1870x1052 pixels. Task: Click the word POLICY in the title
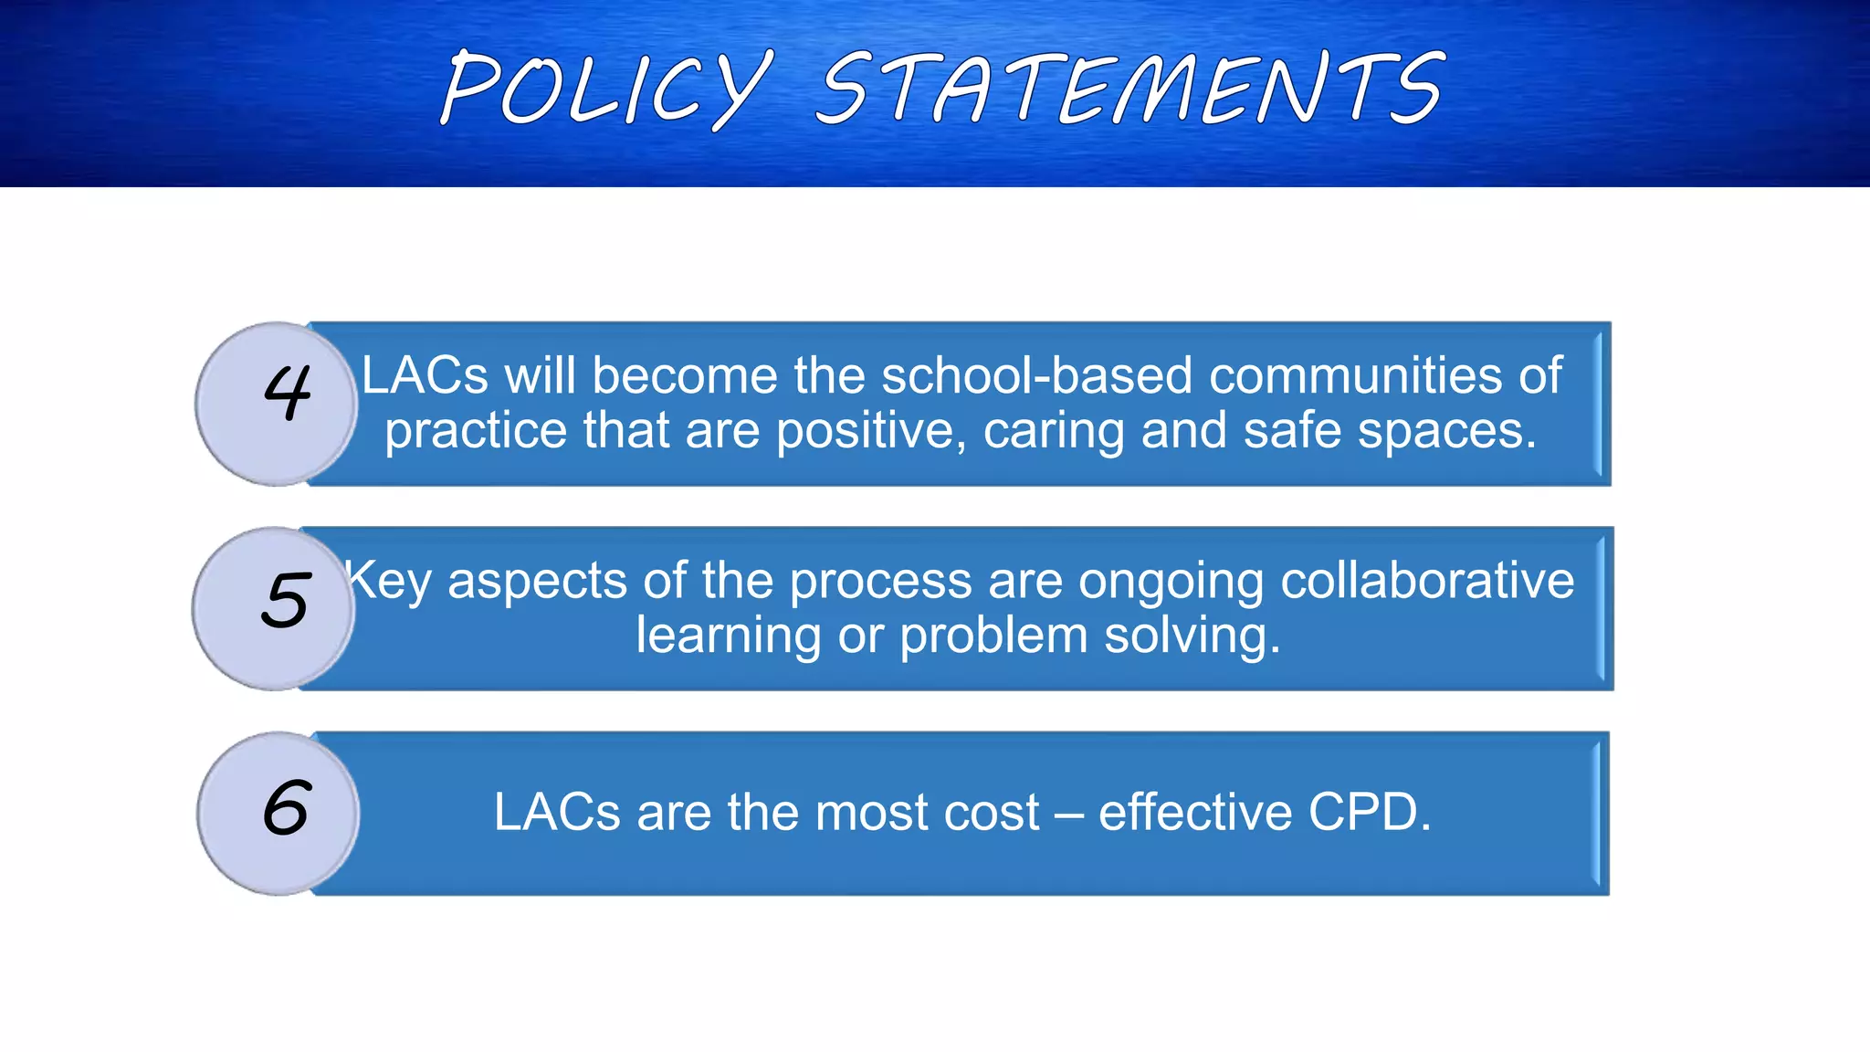pos(604,89)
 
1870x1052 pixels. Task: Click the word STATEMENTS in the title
pos(1130,89)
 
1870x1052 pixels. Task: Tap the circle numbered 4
pos(277,403)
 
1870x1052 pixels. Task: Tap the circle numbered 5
pos(274,607)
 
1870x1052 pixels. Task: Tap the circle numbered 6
pos(278,813)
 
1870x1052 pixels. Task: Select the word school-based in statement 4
pos(1036,375)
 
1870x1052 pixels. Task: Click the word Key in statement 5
pos(389,582)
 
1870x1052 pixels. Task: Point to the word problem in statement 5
pos(993,636)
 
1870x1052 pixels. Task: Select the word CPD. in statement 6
pos(1370,812)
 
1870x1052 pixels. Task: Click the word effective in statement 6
pos(1195,812)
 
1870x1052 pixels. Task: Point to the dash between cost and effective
pos(1069,814)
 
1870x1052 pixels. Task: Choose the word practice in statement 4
pos(476,432)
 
